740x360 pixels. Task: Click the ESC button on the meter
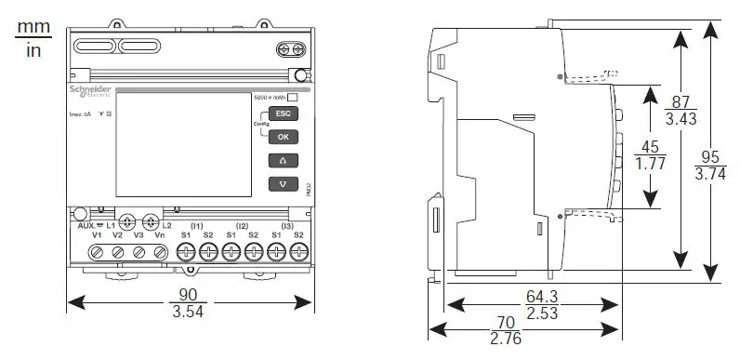pos(283,113)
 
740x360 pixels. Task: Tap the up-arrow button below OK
pos(283,160)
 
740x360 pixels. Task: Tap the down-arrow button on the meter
pos(283,183)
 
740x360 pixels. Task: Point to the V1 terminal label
pos(96,236)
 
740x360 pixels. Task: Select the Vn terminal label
pos(159,236)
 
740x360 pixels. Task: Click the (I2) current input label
pos(242,226)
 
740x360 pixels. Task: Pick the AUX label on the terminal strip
pos(86,226)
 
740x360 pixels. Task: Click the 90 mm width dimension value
pos(190,295)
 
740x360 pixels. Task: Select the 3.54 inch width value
pos(190,312)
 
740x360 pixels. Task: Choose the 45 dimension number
pos(650,147)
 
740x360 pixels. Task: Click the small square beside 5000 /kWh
pos(293,96)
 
